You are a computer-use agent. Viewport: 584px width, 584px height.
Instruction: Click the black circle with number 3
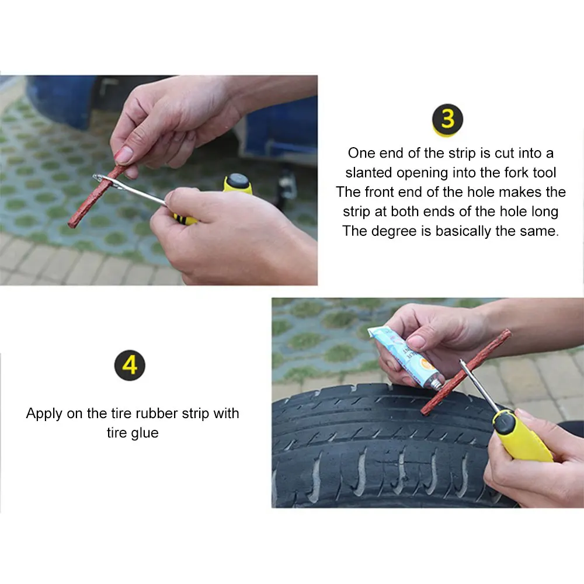(447, 119)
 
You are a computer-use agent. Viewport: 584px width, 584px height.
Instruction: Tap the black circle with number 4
(130, 366)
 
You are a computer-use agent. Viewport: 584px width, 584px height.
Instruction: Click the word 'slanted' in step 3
(369, 172)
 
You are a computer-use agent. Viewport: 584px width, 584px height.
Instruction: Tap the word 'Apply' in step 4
(44, 414)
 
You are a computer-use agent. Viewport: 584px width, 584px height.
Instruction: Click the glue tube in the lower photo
(406, 357)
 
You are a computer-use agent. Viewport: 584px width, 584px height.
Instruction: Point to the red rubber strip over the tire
(465, 372)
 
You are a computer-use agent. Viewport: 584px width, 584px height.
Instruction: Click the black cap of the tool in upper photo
(238, 182)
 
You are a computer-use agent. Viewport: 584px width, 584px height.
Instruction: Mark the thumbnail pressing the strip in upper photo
(124, 155)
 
